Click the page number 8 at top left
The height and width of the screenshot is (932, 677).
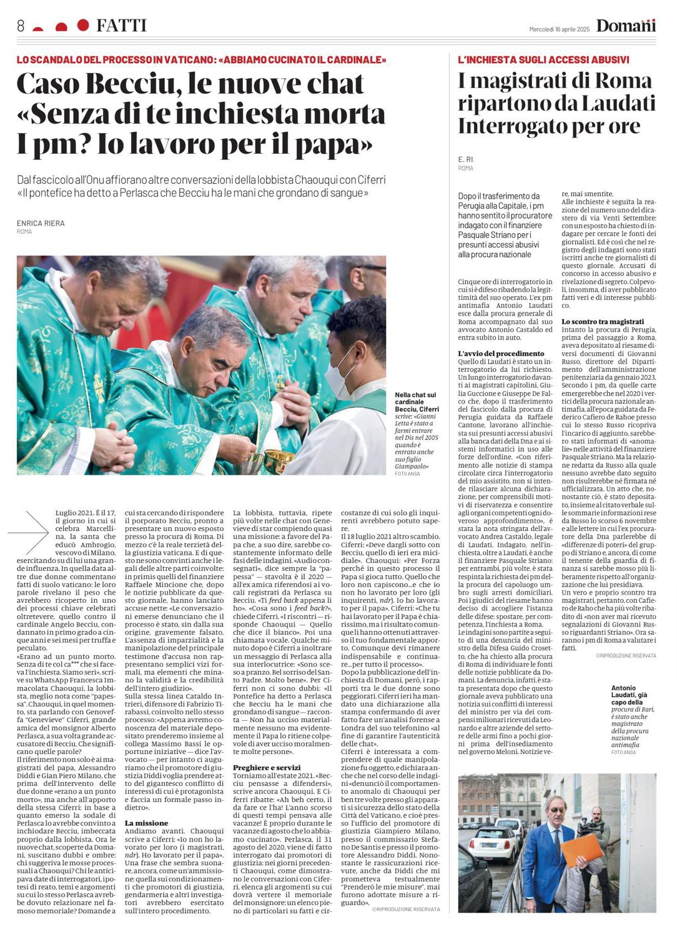pos(21,26)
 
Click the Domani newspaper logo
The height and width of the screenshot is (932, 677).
pos(626,26)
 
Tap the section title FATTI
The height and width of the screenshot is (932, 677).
pos(121,26)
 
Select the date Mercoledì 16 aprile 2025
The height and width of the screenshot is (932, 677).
pos(559,29)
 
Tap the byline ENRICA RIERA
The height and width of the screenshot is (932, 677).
pos(41,223)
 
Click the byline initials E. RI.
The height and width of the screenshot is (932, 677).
pos(466,160)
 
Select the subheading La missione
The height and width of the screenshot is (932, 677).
pos(146,823)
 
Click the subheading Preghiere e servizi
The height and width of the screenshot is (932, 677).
pos(267,767)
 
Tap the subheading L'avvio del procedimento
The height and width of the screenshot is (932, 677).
pos(501,354)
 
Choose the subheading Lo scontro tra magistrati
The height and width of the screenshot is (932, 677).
pos(603,322)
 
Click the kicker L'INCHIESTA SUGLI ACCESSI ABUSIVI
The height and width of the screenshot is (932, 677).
pos(543,60)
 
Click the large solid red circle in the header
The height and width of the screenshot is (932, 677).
pos(83,25)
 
